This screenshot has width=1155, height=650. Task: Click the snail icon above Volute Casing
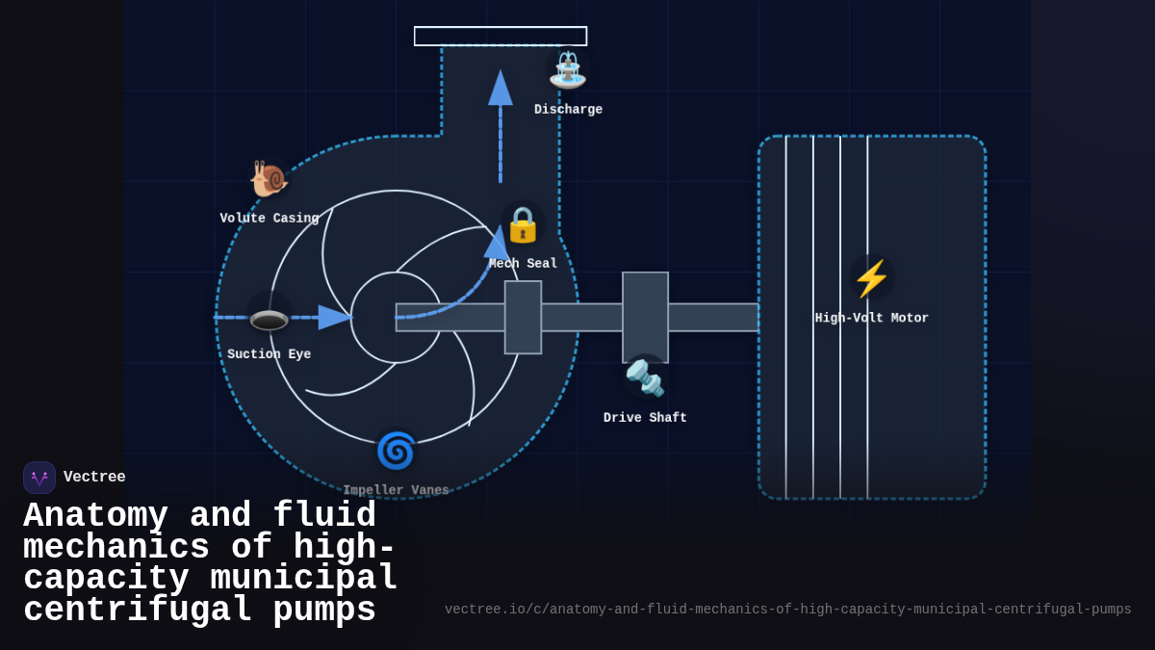269,178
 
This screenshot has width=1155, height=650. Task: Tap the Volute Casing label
269,219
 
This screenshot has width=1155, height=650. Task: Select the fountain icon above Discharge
568,69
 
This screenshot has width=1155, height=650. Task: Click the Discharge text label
568,110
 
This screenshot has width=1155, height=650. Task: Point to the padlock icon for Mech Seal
523,223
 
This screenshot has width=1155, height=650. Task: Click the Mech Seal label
523,264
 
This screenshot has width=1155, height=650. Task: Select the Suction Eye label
269,354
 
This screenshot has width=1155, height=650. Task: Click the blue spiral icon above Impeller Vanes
396,450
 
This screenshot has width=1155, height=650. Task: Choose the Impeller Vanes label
396,490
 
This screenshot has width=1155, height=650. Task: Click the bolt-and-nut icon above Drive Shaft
645,377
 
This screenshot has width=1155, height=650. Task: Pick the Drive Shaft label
645,418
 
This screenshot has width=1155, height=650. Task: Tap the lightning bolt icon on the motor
871,278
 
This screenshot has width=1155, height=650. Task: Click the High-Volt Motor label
871,318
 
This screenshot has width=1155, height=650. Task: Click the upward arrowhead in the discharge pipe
500,89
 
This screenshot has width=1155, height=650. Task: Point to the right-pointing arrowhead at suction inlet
334,317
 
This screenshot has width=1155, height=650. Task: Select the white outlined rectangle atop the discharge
500,36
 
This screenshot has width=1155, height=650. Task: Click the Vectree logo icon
39,478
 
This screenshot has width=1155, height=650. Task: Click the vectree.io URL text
787,610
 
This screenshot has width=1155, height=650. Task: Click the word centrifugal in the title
138,611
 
